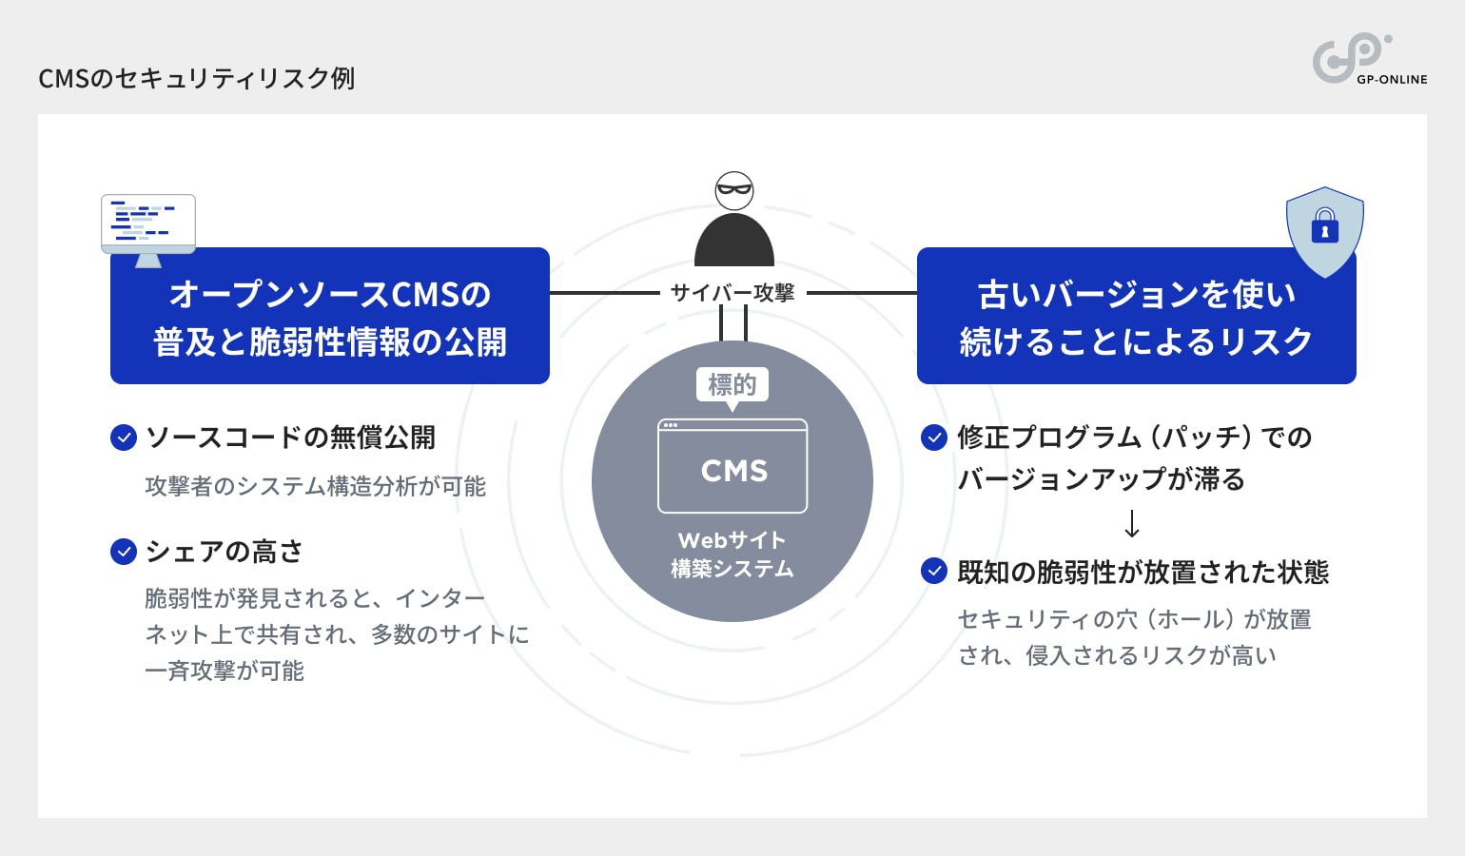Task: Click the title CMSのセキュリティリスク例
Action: click(x=196, y=78)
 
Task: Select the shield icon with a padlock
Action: click(x=1324, y=229)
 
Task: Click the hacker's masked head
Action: click(x=733, y=190)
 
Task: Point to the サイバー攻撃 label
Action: click(x=732, y=293)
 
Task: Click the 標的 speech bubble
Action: click(x=732, y=385)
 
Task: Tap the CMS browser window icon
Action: click(x=732, y=466)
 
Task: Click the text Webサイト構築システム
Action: click(x=732, y=554)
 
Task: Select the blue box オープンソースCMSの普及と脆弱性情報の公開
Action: click(x=330, y=317)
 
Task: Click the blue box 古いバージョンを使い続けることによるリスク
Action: click(x=1136, y=317)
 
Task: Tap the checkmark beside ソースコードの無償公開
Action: click(x=124, y=438)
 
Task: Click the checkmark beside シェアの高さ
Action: click(x=124, y=552)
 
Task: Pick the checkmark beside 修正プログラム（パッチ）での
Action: click(x=934, y=438)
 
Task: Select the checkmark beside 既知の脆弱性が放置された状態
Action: click(x=934, y=572)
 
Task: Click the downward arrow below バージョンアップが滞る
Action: click(x=1132, y=524)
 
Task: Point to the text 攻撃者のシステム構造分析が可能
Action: click(x=315, y=486)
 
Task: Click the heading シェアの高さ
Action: click(x=225, y=552)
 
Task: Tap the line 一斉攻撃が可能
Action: click(x=225, y=671)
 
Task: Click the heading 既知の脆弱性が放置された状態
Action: click(x=1143, y=572)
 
